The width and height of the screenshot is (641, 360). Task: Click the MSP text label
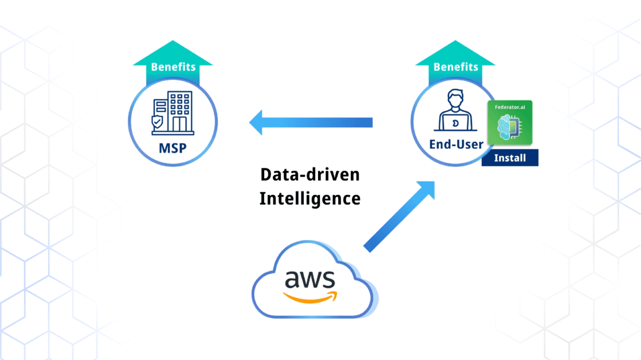tap(173, 148)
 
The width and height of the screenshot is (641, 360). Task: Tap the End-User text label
tap(456, 144)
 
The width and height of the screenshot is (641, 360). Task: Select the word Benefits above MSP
tap(173, 66)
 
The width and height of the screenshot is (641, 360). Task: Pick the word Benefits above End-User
tap(456, 66)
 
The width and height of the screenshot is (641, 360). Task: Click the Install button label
tap(510, 158)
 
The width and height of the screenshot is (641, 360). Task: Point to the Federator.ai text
tap(510, 107)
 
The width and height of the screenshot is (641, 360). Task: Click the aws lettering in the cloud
tap(310, 279)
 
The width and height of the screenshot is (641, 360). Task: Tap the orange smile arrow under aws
tap(310, 298)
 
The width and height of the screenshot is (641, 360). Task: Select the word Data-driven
tap(310, 175)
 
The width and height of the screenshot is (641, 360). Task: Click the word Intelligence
tap(310, 199)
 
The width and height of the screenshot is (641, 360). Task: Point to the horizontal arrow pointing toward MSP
tap(310, 122)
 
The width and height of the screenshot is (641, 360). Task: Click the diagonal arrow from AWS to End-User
tap(399, 216)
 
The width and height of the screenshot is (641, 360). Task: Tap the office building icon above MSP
tap(173, 113)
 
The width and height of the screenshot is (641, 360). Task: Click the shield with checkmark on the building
tap(157, 122)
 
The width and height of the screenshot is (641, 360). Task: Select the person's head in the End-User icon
tap(455, 98)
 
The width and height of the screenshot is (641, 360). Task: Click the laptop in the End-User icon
tap(455, 123)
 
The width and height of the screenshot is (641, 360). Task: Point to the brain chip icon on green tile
tap(509, 127)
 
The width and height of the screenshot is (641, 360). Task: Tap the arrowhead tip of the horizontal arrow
tap(250, 122)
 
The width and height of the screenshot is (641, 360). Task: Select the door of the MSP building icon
tap(179, 125)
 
